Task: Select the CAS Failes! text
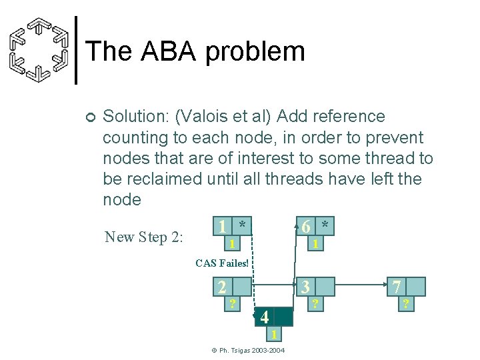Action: (222, 263)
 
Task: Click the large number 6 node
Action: (305, 226)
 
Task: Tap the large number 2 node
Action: (222, 287)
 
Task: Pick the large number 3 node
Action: (306, 287)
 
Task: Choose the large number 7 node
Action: (397, 287)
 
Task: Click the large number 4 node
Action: (264, 317)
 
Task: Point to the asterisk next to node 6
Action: (325, 225)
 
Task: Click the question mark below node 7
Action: (403, 305)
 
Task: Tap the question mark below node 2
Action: (232, 305)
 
